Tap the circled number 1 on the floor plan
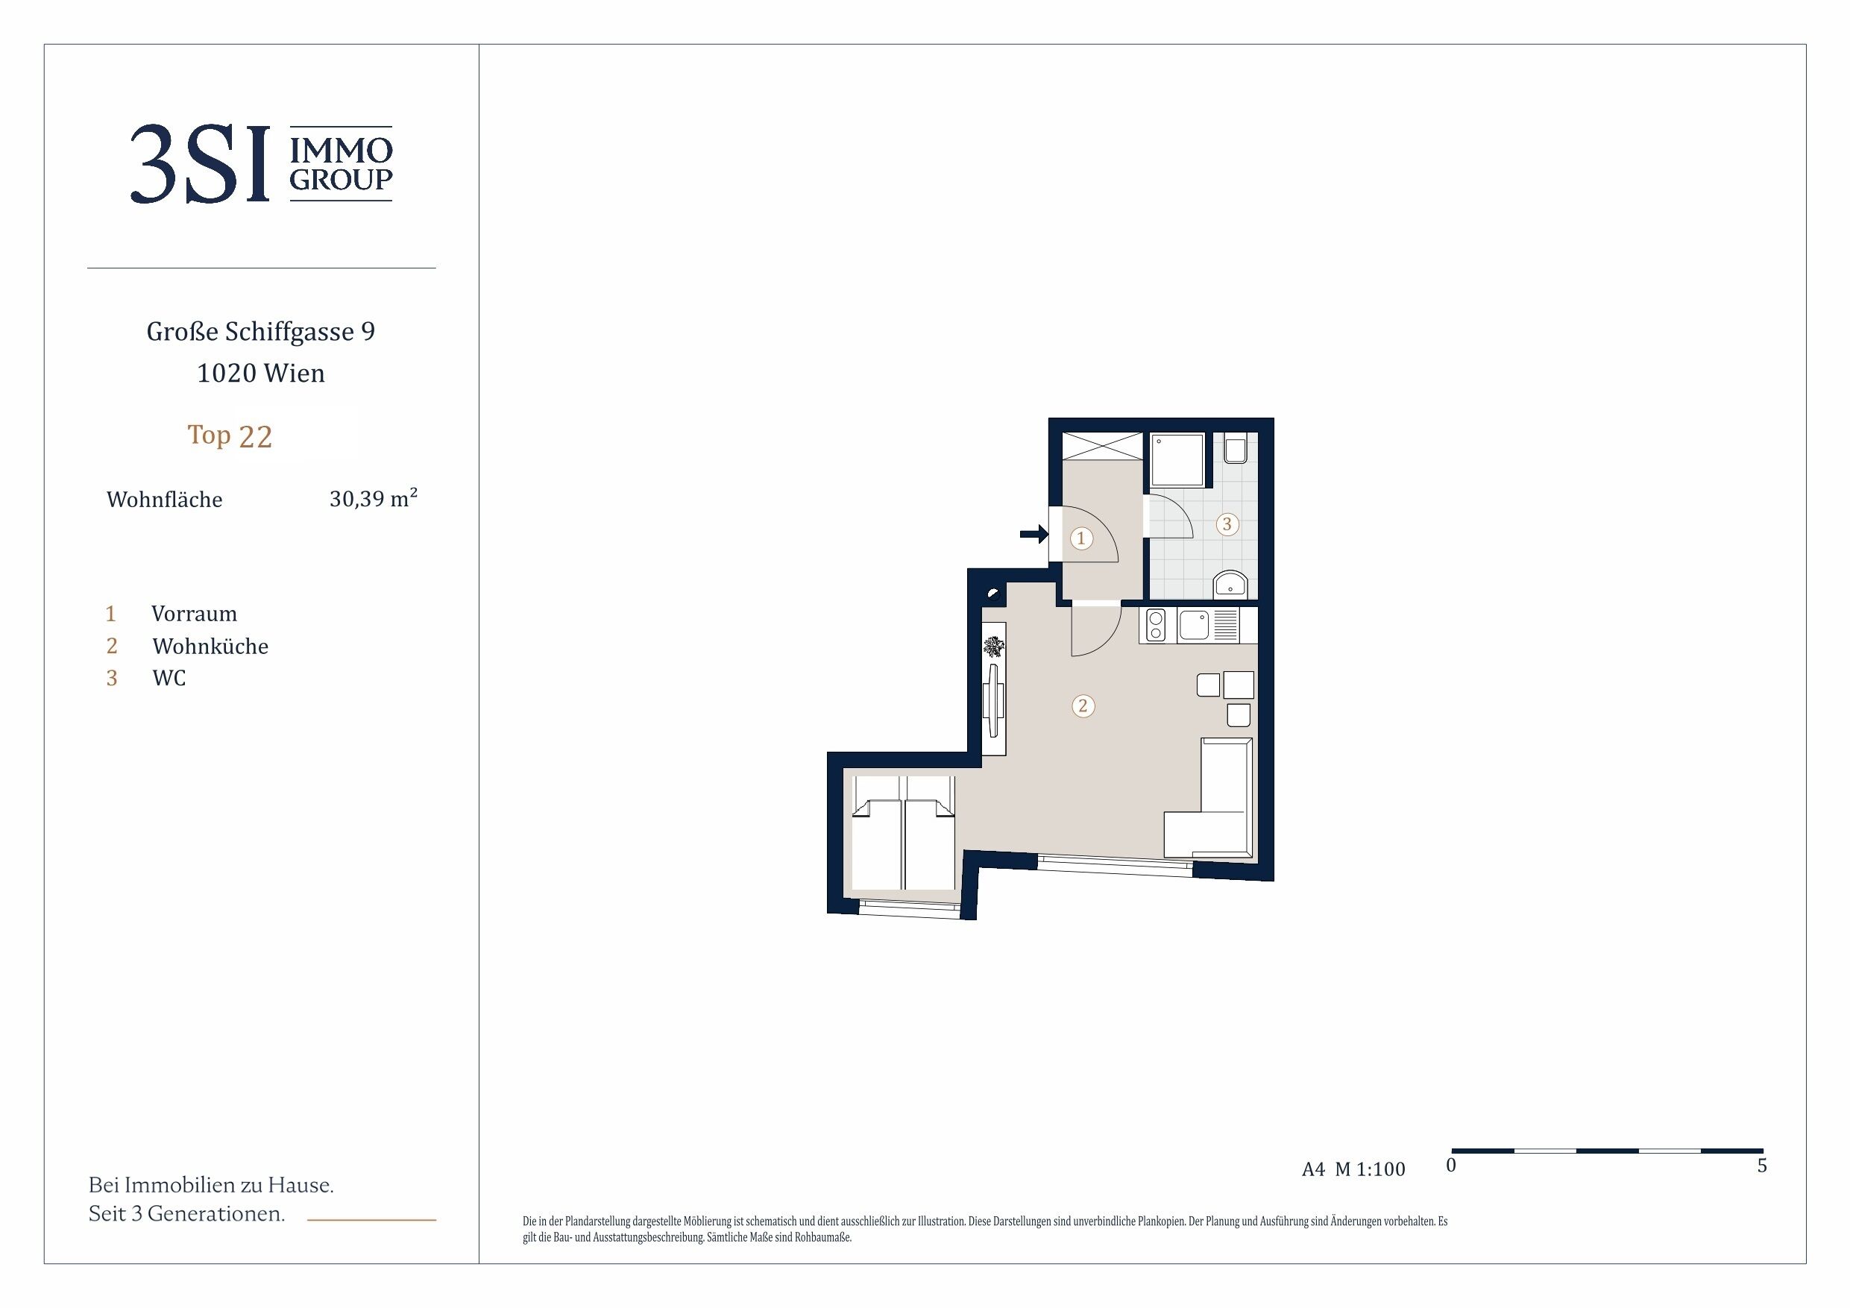[x=1081, y=538]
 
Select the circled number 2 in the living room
[x=1083, y=706]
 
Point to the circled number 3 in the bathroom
[x=1227, y=523]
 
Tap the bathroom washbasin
[x=1230, y=583]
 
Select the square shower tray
[x=1177, y=459]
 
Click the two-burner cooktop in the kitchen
[x=1156, y=626]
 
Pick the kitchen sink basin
[x=1193, y=626]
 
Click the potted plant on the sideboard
[x=993, y=647]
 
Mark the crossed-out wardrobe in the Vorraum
[x=1102, y=447]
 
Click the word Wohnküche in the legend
[x=210, y=647]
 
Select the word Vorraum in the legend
[x=194, y=614]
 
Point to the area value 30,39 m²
[x=373, y=498]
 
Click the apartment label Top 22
[x=230, y=436]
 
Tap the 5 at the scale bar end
[x=1762, y=1166]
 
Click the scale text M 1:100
[x=1370, y=1169]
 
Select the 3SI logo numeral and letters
[x=200, y=164]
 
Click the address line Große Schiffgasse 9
[x=261, y=331]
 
